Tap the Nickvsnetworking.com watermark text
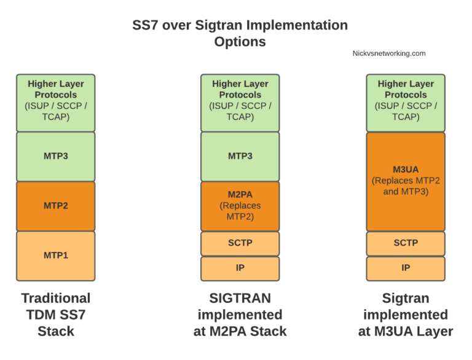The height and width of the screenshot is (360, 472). [389, 53]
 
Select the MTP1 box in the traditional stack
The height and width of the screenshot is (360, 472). [55, 256]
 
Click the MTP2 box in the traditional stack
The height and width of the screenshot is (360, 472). [55, 206]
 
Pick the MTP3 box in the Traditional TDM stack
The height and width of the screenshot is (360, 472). [55, 156]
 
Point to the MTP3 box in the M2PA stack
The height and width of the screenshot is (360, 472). [240, 156]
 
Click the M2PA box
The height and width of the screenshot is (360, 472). [240, 206]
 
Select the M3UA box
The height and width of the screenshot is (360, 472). [406, 181]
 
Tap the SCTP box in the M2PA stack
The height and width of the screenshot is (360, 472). [240, 243]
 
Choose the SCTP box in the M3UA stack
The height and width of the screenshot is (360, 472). [406, 243]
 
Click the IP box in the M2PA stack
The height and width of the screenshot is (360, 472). [240, 268]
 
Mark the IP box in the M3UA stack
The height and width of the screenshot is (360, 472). [406, 268]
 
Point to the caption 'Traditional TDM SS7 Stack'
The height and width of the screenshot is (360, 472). [55, 315]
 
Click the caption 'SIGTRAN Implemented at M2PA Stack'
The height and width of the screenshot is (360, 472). [240, 315]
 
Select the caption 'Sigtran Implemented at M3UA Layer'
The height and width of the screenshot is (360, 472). [406, 315]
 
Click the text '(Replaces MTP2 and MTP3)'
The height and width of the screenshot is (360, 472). [406, 186]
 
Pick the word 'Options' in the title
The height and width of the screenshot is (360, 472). [240, 42]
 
